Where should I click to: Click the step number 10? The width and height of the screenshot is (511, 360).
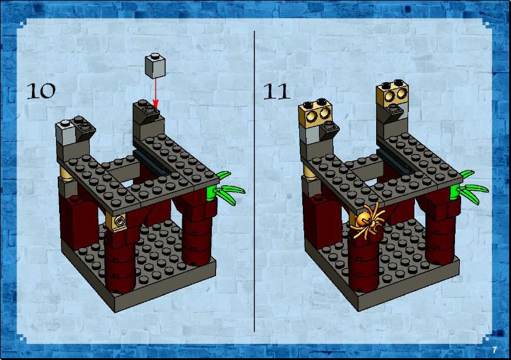pos(41,91)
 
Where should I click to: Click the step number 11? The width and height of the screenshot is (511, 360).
pos(276,91)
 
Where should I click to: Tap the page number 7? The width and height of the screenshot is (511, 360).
pos(494,350)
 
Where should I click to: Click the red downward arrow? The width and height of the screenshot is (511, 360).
pos(155,93)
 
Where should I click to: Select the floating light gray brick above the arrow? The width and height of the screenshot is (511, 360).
pos(155,65)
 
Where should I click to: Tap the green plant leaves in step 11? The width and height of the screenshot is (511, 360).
pos(469,188)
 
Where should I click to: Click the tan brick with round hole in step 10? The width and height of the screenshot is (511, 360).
pos(117,221)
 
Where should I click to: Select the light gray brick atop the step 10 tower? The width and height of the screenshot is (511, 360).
pos(66,132)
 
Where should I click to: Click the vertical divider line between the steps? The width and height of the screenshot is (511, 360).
pos(254,181)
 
